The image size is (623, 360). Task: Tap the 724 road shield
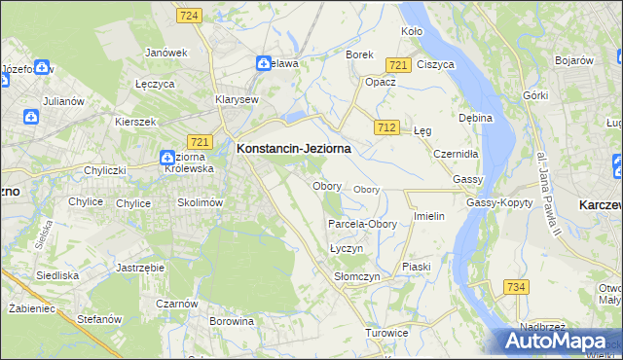[190, 16]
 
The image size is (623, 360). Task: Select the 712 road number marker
[387, 127]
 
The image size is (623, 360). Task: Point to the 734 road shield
[516, 286]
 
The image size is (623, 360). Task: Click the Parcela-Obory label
[362, 224]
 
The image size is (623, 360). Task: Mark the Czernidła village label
[456, 154]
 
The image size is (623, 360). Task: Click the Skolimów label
[201, 202]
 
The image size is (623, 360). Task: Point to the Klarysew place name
[237, 99]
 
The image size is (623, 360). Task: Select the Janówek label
[165, 53]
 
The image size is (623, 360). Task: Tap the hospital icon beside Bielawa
[263, 63]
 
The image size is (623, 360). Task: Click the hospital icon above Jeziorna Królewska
[166, 157]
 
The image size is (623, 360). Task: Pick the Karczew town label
[600, 206]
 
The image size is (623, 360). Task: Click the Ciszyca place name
[435, 64]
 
